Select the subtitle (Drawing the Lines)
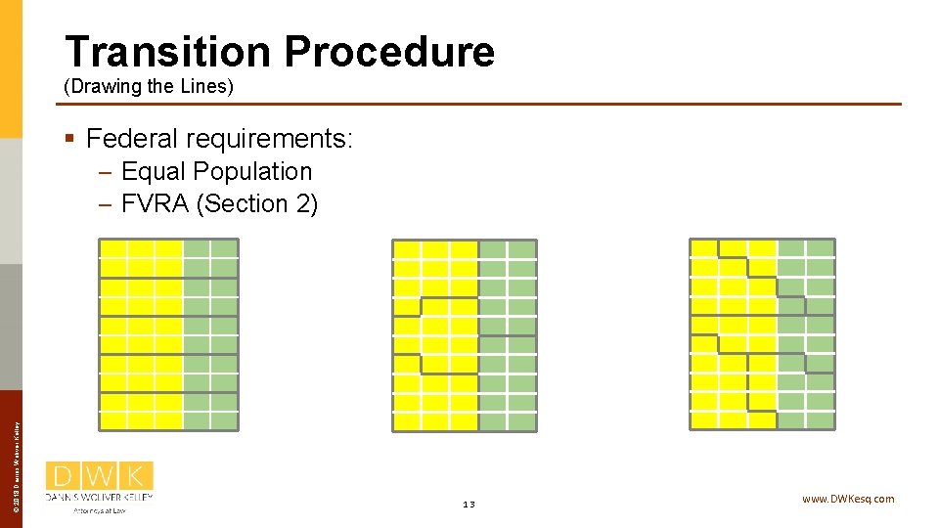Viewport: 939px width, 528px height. [x=149, y=87]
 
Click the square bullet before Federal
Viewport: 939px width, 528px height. [x=68, y=138]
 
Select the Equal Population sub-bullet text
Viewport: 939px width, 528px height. [x=216, y=172]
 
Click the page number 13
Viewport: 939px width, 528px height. [x=469, y=504]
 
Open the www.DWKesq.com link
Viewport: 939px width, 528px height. [x=847, y=499]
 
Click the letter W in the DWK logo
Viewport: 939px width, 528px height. [x=100, y=476]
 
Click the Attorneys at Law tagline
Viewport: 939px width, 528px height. [x=100, y=509]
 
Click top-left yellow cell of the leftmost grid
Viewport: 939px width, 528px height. [x=113, y=248]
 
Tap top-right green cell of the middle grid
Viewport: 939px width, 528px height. [x=522, y=249]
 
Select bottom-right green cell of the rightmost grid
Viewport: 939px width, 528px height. [x=821, y=420]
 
